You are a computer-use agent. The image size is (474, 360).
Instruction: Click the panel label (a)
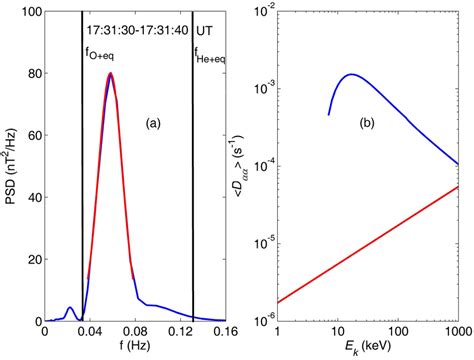153,123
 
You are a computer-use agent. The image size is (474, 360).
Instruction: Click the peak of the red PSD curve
110,73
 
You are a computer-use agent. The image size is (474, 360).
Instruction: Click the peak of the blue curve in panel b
351,74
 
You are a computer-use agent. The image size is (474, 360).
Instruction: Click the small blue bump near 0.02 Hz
69,309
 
